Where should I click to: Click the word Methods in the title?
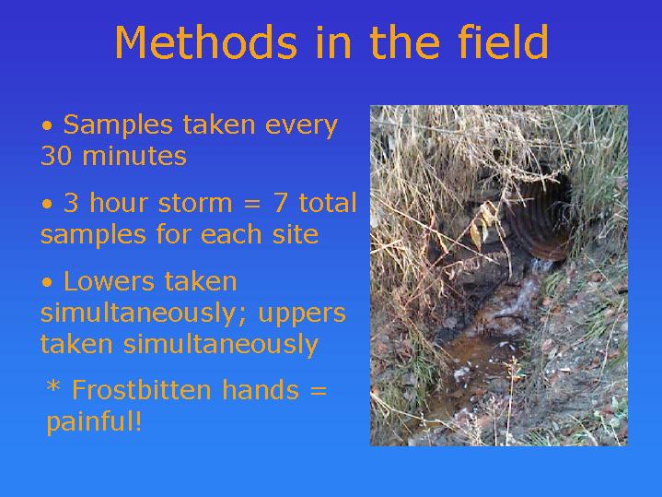tap(206, 41)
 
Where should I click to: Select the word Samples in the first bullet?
tap(118, 126)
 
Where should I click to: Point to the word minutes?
tap(134, 155)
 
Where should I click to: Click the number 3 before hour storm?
tap(71, 203)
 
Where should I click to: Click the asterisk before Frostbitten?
tap(53, 386)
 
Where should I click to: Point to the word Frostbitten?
tap(142, 389)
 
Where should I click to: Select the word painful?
tap(94, 421)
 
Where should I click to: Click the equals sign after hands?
tap(319, 391)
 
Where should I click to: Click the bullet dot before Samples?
tap(47, 126)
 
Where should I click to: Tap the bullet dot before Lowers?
tap(47, 282)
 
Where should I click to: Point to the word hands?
tap(261, 389)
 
